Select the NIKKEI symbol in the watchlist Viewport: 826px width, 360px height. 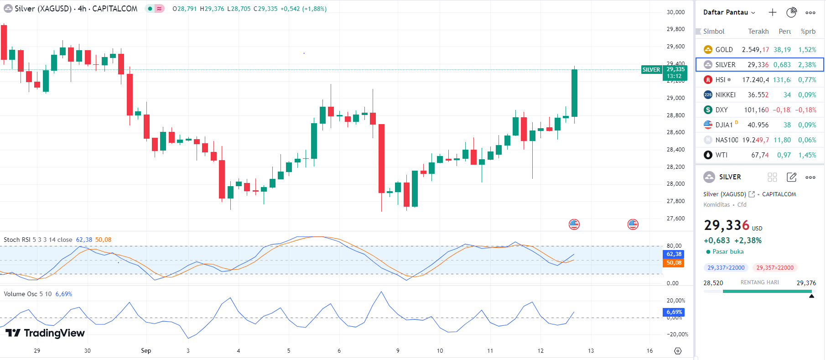pos(725,95)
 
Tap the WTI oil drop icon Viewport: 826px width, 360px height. pos(708,155)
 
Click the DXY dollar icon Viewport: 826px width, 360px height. pos(708,110)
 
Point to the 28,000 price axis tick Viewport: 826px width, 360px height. pos(675,184)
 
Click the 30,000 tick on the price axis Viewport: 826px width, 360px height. pos(675,12)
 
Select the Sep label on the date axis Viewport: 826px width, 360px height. pos(146,350)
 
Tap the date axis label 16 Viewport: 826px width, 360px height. pos(649,351)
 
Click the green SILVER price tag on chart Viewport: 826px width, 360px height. pos(651,70)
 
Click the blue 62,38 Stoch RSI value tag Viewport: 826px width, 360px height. pos(674,254)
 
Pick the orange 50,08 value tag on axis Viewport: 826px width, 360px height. pos(674,263)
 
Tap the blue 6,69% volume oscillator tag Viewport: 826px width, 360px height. pos(674,312)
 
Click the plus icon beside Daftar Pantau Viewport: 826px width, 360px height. pos(772,12)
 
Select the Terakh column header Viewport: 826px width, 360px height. pos(758,31)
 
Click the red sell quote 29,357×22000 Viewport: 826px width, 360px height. pos(774,268)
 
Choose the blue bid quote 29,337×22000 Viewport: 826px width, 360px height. pos(726,268)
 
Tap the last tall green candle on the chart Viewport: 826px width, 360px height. pos(574,93)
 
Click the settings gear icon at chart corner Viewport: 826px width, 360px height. pos(678,351)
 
